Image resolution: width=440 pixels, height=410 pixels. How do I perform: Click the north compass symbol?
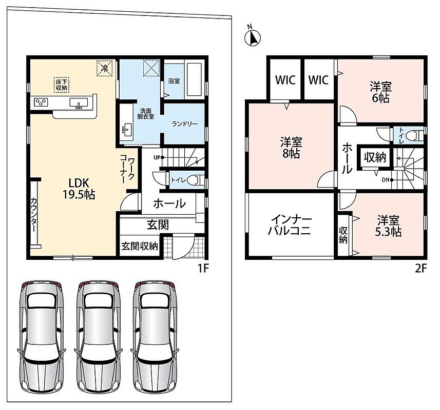click(x=253, y=36)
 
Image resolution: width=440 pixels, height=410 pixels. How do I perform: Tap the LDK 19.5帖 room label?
click(x=79, y=189)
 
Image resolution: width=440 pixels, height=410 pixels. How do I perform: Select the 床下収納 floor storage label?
click(x=62, y=85)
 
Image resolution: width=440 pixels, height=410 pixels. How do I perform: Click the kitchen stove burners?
click(x=41, y=101)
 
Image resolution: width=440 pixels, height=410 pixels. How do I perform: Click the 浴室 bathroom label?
click(x=174, y=81)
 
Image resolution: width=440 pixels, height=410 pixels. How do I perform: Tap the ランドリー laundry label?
click(x=185, y=124)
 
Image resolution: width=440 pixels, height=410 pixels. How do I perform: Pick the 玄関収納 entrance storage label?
click(x=140, y=246)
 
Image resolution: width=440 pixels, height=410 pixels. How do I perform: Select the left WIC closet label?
click(x=285, y=80)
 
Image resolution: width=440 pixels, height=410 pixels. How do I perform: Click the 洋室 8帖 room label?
click(x=291, y=148)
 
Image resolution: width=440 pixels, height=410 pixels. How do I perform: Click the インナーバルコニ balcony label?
click(x=289, y=225)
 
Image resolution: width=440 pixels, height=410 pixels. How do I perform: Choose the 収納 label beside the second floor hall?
click(x=375, y=158)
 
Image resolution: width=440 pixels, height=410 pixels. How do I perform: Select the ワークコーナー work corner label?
click(x=127, y=169)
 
